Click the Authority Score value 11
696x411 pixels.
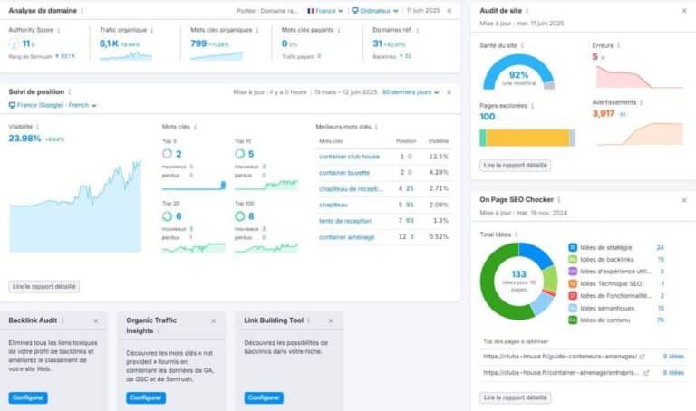26,43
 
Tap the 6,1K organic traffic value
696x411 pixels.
109,43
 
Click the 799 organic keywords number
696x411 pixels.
198,43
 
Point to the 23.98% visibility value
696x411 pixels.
24,139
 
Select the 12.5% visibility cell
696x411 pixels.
439,156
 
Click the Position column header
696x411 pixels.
405,141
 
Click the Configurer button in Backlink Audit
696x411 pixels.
28,397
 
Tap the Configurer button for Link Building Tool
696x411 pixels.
264,397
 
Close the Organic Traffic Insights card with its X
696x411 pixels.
213,320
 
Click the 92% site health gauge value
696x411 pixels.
518,74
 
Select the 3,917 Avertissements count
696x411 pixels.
603,113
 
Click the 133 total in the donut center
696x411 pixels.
518,274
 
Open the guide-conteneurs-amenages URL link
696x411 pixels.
558,357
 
